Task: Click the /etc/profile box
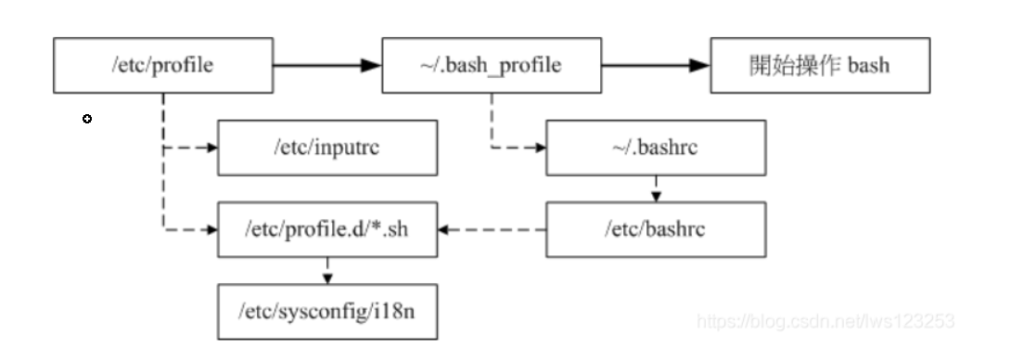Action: pos(162,66)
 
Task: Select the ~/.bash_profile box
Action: pos(492,66)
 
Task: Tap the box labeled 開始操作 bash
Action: pos(820,66)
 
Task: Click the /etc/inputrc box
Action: pos(326,148)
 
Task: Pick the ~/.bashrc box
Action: pos(655,148)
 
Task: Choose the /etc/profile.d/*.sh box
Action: pos(326,229)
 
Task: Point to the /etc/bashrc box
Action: pos(655,229)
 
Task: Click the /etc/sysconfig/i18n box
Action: pos(326,311)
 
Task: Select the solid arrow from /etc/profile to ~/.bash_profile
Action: pos(326,66)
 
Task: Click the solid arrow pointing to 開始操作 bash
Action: pos(655,66)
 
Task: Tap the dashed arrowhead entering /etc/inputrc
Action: pos(211,148)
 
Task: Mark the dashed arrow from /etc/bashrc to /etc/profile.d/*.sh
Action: pos(492,229)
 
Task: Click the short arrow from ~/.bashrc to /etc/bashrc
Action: pos(655,188)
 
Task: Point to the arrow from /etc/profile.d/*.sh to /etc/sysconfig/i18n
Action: pos(326,270)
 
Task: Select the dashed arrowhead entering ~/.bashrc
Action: pos(540,148)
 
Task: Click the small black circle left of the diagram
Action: pos(87,119)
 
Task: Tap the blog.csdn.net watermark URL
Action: pos(825,321)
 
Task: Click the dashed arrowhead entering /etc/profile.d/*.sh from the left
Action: pos(211,229)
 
